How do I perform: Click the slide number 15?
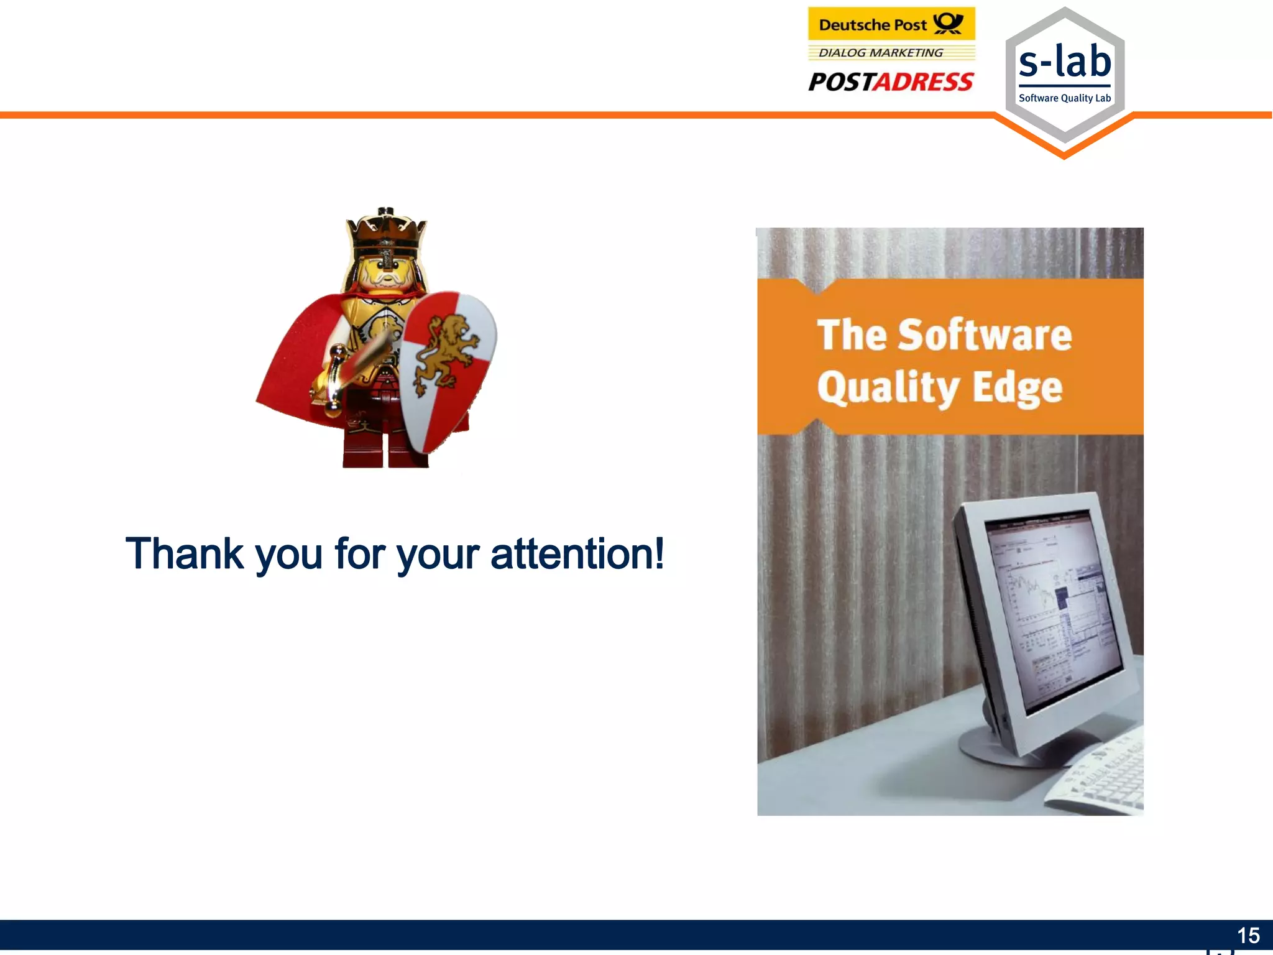click(1248, 935)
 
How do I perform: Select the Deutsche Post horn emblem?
click(949, 24)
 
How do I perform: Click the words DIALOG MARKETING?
click(881, 53)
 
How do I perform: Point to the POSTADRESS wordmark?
click(891, 81)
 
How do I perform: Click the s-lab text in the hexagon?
click(1065, 62)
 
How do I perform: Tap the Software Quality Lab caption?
click(1065, 98)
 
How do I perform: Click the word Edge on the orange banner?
click(1018, 387)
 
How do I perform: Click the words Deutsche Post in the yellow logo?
click(873, 25)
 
